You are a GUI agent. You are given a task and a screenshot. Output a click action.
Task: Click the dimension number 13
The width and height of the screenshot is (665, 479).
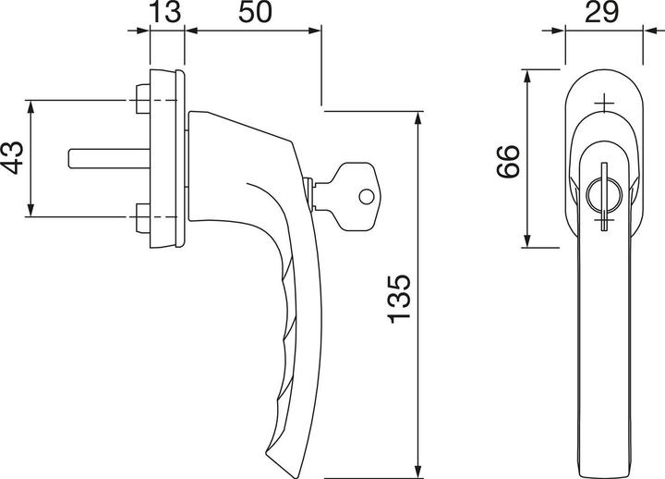tap(167, 14)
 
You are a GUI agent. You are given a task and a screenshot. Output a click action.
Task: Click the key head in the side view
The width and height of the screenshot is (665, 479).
tap(355, 195)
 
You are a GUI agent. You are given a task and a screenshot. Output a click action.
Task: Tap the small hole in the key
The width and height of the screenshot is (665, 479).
tap(367, 196)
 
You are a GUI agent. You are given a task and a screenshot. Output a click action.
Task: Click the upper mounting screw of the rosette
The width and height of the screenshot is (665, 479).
tap(141, 97)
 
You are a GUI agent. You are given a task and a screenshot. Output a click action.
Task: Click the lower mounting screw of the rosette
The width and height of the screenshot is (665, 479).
tap(141, 219)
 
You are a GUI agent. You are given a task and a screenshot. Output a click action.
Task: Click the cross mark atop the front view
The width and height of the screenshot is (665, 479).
tap(604, 104)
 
